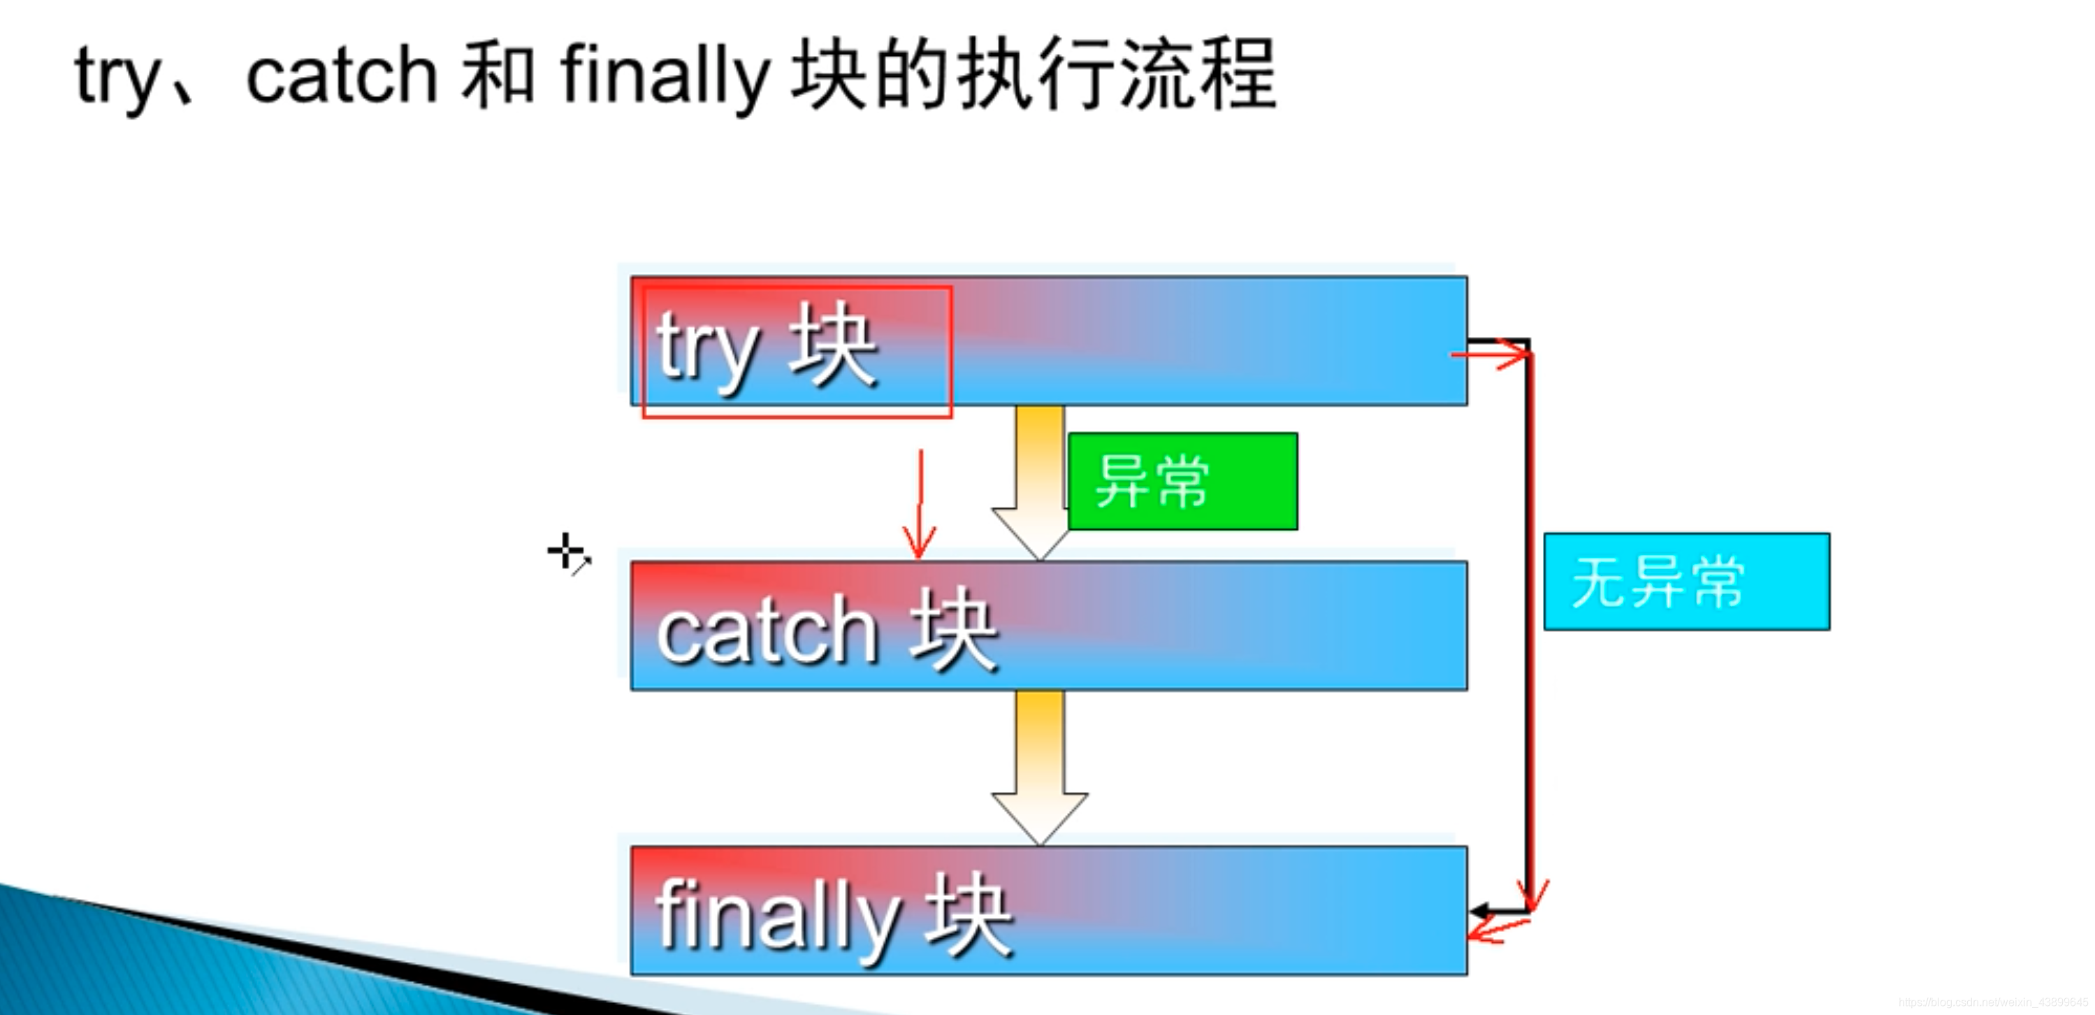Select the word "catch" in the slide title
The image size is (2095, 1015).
coord(342,78)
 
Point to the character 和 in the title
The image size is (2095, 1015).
coord(498,75)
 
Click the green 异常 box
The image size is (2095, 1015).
coord(1182,482)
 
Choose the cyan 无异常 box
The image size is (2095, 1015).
coord(1686,582)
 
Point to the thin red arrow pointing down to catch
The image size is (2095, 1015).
coord(920,504)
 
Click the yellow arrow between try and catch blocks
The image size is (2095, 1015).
coord(1038,480)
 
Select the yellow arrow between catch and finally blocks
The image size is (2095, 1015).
coord(1038,765)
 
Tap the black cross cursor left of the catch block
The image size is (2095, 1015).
coord(566,552)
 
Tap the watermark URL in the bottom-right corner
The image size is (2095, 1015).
coord(1992,1003)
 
